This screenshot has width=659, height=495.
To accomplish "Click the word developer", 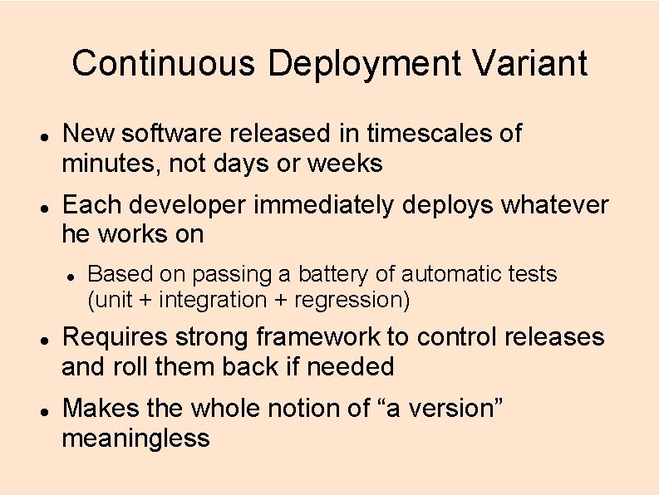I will [x=185, y=204].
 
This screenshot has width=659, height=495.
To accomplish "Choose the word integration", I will [x=214, y=299].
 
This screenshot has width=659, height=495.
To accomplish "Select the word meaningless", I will [x=136, y=438].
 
